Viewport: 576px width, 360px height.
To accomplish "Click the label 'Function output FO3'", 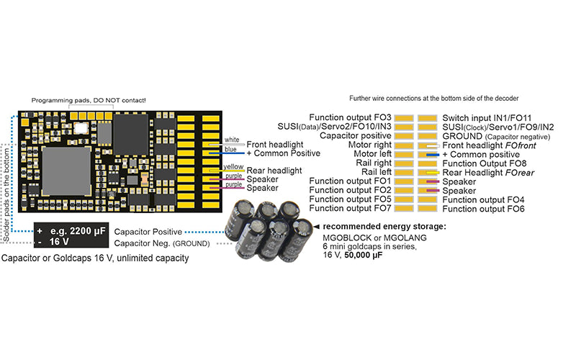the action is (350, 117).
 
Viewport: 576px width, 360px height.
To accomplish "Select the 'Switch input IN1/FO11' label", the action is (487, 118).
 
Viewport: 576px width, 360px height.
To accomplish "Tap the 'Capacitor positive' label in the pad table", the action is (355, 135).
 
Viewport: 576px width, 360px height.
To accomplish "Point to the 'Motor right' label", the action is (369, 145).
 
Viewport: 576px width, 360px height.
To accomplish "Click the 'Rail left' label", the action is (377, 172).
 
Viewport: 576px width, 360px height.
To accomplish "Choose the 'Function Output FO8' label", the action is (484, 163).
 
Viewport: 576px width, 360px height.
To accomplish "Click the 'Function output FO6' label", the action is (483, 209).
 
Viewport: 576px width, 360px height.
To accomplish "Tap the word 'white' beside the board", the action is (232, 140).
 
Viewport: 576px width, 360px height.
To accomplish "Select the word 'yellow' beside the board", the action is (233, 167).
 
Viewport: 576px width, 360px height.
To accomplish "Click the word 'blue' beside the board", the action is (230, 149).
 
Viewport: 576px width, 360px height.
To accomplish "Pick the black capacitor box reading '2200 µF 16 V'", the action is (71, 235).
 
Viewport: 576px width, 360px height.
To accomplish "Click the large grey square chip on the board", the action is (66, 171).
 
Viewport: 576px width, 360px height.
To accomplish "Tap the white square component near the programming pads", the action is (81, 128).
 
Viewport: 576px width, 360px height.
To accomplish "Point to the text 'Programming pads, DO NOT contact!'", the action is (89, 100).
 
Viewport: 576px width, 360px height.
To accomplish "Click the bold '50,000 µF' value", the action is (364, 255).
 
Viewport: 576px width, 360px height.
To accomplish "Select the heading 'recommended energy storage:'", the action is (384, 227).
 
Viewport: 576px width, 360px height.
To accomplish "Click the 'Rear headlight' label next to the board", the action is (274, 171).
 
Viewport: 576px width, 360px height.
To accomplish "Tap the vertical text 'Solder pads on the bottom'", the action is (6, 194).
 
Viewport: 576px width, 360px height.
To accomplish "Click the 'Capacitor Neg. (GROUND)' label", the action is (161, 243).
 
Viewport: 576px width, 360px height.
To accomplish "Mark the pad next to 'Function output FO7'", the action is (404, 208).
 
